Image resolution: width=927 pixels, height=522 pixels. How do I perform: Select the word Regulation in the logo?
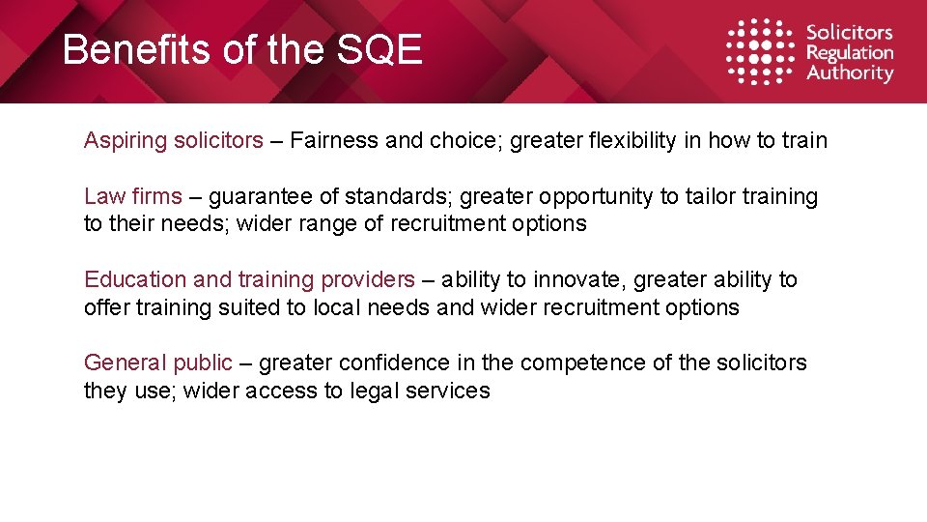(850, 53)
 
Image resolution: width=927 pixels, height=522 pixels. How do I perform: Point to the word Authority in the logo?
(850, 73)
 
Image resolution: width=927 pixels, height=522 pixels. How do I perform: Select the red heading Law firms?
(132, 197)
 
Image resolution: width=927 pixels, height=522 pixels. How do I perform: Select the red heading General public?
(158, 363)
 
